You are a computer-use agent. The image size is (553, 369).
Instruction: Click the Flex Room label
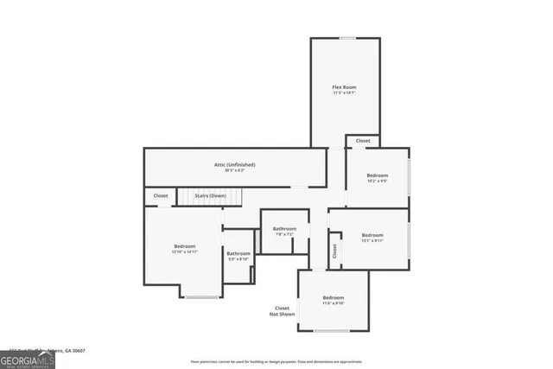(344, 87)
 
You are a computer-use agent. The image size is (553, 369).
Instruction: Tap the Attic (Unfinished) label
(235, 164)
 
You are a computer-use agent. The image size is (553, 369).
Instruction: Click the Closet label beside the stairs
(161, 196)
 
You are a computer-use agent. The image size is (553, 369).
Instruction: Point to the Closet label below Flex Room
(363, 141)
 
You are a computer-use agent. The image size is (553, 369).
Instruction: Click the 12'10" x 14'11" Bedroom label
(184, 246)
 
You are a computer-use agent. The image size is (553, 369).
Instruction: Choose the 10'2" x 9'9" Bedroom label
(376, 175)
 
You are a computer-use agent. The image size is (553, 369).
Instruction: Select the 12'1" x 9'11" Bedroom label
(372, 235)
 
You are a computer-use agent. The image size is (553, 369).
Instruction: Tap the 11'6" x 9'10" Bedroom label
(334, 297)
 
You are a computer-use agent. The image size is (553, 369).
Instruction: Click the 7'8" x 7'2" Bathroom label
(285, 228)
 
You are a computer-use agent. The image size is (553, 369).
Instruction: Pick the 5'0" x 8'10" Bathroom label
(238, 253)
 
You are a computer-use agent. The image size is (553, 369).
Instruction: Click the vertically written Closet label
(334, 251)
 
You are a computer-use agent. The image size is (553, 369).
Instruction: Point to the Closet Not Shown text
(283, 311)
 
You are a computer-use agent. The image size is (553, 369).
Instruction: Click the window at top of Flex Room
(346, 38)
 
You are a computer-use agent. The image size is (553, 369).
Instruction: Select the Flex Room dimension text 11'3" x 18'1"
(344, 93)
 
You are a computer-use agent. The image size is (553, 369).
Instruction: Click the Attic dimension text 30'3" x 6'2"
(235, 170)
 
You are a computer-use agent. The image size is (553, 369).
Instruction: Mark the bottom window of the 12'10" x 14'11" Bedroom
(200, 297)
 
